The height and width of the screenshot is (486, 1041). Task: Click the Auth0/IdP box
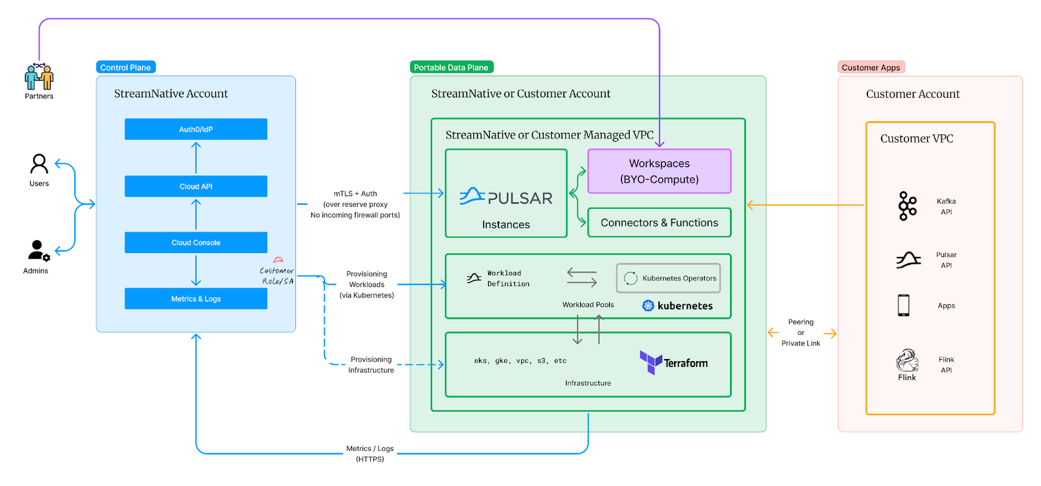pyautogui.click(x=196, y=129)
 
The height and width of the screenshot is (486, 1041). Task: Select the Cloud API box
pyautogui.click(x=196, y=186)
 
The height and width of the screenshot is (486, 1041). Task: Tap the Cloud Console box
pyautogui.click(x=196, y=243)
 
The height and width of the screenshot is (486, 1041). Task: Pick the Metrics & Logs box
pyautogui.click(x=196, y=299)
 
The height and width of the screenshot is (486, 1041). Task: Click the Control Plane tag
pyautogui.click(x=126, y=68)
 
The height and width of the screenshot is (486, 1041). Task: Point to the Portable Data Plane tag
pyautogui.click(x=452, y=68)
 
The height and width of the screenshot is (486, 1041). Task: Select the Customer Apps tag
pyautogui.click(x=871, y=68)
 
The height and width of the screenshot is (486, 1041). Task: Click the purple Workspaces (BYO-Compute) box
pyautogui.click(x=659, y=171)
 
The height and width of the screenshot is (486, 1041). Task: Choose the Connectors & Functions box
pyautogui.click(x=659, y=223)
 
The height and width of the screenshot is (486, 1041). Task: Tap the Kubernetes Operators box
pyautogui.click(x=668, y=278)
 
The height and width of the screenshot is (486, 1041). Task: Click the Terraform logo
pyautogui.click(x=673, y=362)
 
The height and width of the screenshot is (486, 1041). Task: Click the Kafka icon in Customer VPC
pyautogui.click(x=907, y=206)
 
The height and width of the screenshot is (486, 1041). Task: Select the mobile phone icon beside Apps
pyautogui.click(x=903, y=305)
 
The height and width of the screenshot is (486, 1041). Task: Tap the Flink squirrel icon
pyautogui.click(x=907, y=360)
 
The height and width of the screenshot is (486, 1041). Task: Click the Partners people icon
pyautogui.click(x=39, y=77)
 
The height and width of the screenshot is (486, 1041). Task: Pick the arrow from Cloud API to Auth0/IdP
pyautogui.click(x=196, y=157)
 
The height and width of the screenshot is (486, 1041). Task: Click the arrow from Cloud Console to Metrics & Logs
pyautogui.click(x=196, y=271)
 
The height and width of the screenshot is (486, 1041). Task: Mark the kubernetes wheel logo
pyautogui.click(x=648, y=306)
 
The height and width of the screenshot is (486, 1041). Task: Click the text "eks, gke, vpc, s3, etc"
pyautogui.click(x=520, y=360)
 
